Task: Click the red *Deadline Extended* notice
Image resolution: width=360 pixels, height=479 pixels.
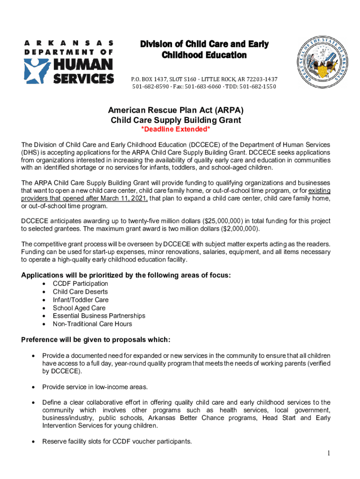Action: pos(176,130)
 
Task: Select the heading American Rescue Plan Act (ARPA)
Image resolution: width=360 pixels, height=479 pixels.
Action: pos(176,111)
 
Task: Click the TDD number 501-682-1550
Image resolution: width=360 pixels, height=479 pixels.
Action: pos(258,87)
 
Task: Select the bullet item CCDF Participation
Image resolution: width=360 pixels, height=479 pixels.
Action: pos(80,283)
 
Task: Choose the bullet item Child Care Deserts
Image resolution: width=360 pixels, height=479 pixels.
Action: pos(80,291)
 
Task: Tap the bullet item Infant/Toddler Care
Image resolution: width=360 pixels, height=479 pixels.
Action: pos(80,300)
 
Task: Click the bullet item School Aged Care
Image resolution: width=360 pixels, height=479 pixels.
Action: pos(79,308)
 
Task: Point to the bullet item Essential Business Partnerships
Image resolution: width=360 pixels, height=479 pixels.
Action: pos(99,316)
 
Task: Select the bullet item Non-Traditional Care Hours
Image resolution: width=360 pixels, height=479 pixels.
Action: pos(92,324)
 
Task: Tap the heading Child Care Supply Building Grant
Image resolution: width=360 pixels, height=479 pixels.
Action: pos(176,120)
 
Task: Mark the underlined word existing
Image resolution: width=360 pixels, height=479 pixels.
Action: pos(319,190)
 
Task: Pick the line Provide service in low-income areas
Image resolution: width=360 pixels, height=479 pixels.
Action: pos(95,387)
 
